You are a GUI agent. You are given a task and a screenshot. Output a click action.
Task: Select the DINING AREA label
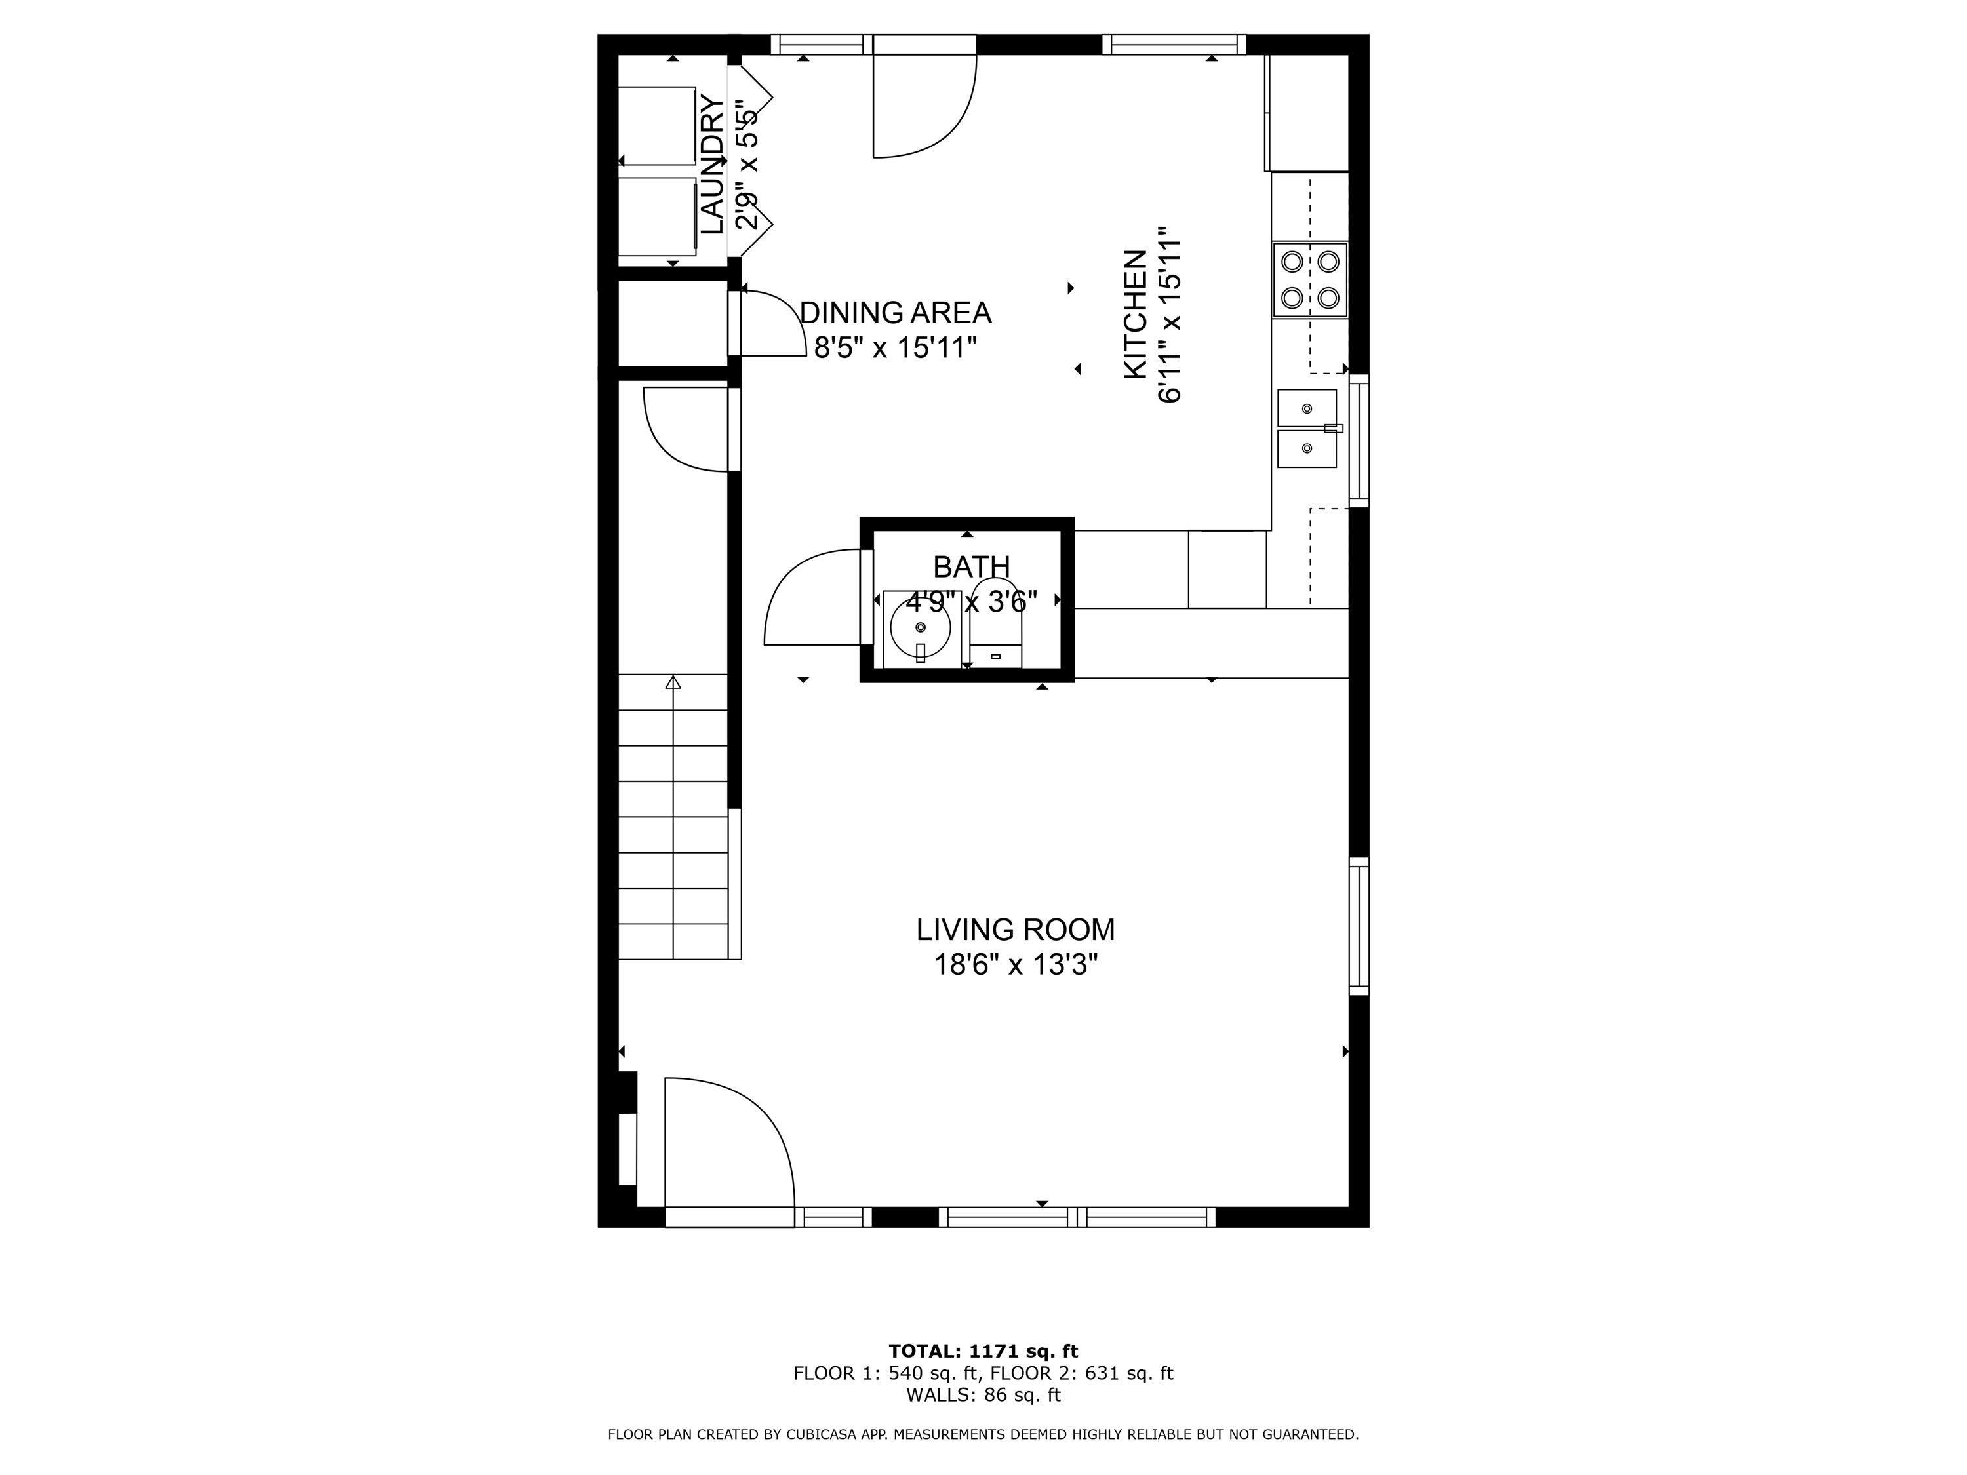(896, 313)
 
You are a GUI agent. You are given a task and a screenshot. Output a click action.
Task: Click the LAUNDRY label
(711, 165)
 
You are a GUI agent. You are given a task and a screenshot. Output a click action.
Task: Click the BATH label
(971, 566)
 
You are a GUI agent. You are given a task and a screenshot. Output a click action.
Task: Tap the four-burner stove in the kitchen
(1310, 279)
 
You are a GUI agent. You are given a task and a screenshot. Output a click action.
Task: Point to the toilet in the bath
(995, 622)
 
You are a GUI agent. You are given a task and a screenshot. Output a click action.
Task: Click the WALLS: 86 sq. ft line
(983, 1395)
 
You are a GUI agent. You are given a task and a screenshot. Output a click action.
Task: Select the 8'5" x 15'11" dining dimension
(896, 347)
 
